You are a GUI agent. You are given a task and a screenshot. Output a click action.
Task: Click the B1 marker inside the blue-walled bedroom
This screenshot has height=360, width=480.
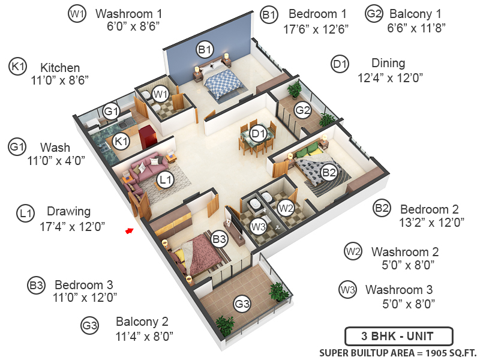coord(205,49)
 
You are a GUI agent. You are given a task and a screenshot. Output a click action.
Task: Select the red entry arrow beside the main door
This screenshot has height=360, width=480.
coord(128,230)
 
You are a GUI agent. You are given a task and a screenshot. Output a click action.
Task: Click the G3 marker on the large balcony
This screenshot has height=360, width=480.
coord(242,305)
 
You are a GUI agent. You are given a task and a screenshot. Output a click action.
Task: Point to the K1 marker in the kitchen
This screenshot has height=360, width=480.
coord(122,142)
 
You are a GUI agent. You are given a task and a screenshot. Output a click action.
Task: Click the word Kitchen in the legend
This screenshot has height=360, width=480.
coord(60,68)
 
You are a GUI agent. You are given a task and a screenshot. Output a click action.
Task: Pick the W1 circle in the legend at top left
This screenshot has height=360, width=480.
coord(77,14)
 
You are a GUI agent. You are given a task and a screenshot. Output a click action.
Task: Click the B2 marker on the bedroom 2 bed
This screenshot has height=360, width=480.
coord(329,173)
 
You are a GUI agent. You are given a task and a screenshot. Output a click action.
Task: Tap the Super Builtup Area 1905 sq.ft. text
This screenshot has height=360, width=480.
coord(395,352)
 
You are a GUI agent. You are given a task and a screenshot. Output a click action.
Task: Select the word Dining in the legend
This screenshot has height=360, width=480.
coord(388,63)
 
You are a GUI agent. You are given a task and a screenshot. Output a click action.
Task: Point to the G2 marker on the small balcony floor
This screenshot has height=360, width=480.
coord(303,110)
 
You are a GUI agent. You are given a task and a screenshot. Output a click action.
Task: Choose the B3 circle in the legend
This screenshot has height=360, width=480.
coord(37,286)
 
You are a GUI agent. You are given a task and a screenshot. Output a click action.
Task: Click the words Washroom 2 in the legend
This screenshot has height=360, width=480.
coord(405,251)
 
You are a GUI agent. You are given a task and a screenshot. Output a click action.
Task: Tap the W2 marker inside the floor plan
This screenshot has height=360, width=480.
coord(286,208)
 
